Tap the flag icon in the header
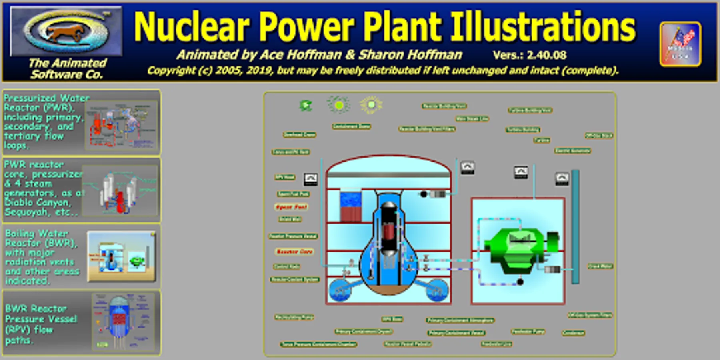click(680, 44)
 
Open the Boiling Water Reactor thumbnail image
click(121, 256)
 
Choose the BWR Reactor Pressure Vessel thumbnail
click(123, 322)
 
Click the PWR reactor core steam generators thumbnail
click(120, 190)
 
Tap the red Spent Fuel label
click(292, 207)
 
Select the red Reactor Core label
click(294, 252)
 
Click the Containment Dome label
click(351, 126)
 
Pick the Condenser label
click(573, 333)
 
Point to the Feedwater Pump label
click(528, 332)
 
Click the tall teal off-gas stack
click(575, 226)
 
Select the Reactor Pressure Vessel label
click(293, 236)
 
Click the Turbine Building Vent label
click(530, 110)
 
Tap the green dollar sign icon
click(306, 106)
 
